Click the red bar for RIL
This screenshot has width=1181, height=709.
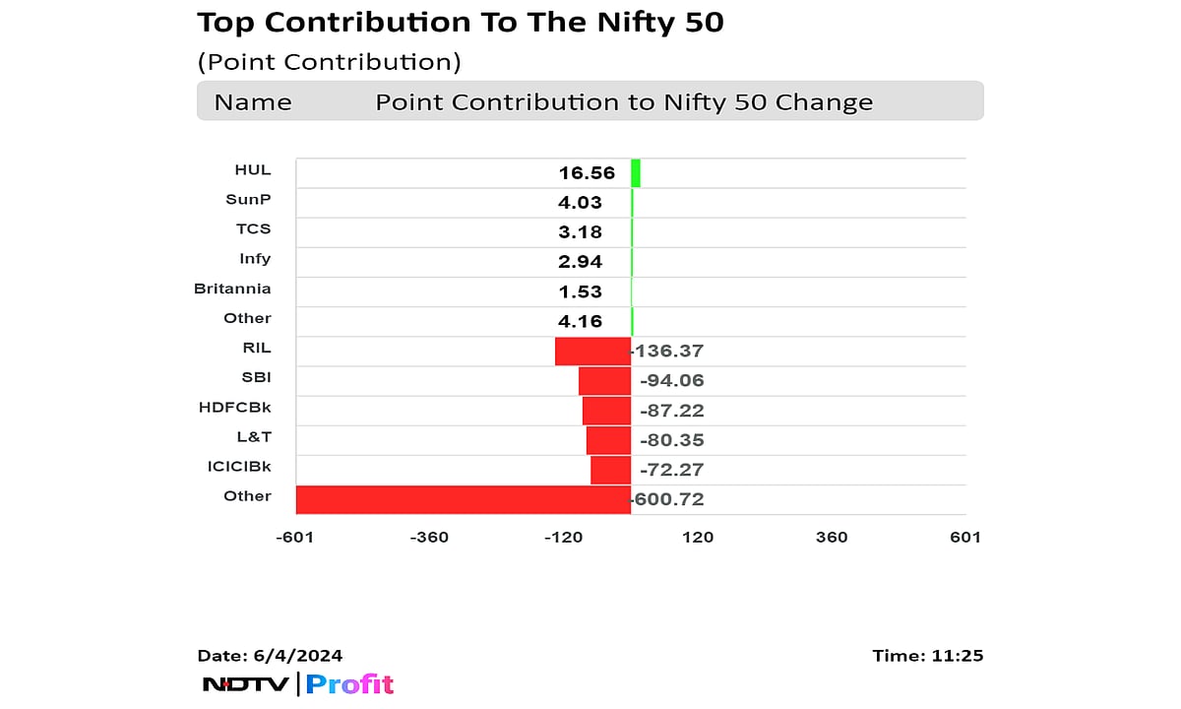click(592, 352)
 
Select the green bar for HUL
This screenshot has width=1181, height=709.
click(636, 173)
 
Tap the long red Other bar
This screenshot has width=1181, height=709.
click(463, 499)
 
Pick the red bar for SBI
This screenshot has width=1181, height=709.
click(604, 381)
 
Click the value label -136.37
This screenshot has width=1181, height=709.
click(669, 352)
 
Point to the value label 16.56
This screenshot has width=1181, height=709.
click(587, 173)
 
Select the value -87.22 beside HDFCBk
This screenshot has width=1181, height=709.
click(672, 411)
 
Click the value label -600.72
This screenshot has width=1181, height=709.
click(669, 499)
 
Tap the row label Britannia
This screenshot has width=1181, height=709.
click(232, 289)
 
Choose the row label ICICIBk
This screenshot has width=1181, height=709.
click(234, 466)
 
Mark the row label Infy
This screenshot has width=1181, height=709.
click(255, 259)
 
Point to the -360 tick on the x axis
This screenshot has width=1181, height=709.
click(430, 537)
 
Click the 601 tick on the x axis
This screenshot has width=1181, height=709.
click(965, 537)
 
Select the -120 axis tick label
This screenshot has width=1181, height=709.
click(564, 537)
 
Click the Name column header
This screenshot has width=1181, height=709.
click(253, 102)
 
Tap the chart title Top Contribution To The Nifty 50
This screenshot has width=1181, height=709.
click(461, 23)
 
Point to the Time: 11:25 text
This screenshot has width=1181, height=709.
click(927, 656)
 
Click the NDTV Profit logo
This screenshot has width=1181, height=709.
click(298, 684)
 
